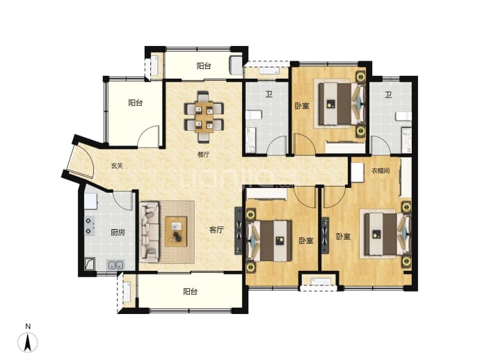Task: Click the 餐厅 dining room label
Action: [204, 155]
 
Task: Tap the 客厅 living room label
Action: [217, 230]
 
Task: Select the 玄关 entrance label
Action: [117, 166]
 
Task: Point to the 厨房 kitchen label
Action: [118, 233]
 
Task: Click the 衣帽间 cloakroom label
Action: [381, 171]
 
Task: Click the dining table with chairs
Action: [204, 117]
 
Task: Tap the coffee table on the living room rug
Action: [176, 231]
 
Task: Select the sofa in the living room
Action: [150, 232]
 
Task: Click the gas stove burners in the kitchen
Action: [90, 226]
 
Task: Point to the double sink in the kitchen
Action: [115, 265]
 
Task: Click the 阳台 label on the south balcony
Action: [191, 291]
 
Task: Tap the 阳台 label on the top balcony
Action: [204, 66]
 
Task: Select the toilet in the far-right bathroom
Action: [403, 116]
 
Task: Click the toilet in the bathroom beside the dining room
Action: [254, 115]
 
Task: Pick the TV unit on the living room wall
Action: [239, 231]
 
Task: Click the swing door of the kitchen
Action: [125, 201]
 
